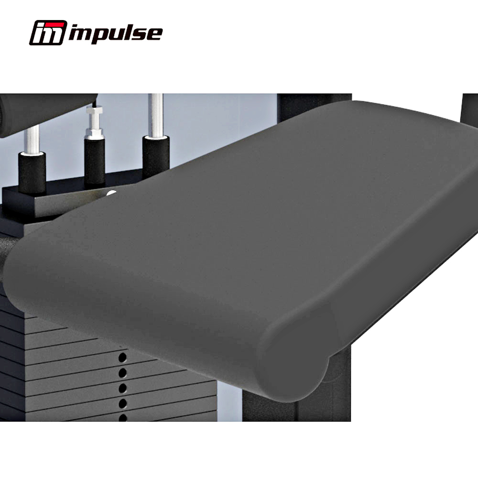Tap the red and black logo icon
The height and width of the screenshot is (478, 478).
48,33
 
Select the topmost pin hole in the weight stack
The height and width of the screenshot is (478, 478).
122,357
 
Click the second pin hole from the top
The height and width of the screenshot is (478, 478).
122,372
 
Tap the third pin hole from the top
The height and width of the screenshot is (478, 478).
122,388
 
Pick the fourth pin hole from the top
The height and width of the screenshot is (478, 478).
122,403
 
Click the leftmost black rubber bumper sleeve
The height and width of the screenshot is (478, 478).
32,172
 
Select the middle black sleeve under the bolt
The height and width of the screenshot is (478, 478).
95,162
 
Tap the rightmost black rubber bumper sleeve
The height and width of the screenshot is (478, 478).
156,157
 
